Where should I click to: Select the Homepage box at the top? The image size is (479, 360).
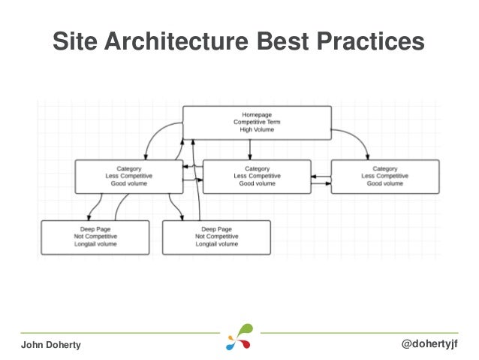[257, 122]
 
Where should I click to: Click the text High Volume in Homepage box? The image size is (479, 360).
[257, 130]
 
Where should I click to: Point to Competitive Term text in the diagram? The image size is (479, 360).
[257, 122]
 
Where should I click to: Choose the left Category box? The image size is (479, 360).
[128, 177]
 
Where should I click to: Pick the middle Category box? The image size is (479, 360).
[257, 177]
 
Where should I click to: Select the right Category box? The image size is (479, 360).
[384, 177]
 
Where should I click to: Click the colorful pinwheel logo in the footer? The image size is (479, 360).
[239, 337]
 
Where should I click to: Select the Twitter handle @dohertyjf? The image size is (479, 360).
[430, 343]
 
